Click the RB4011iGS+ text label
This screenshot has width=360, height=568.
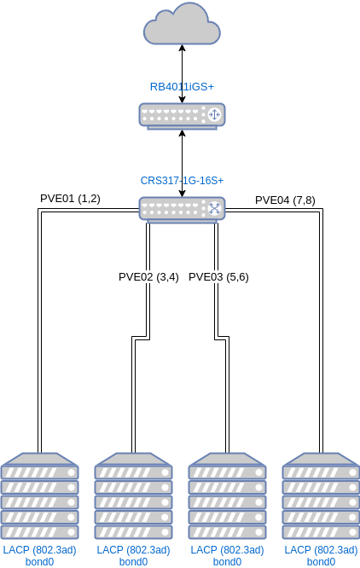click(182, 87)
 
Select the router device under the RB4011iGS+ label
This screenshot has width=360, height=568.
click(182, 115)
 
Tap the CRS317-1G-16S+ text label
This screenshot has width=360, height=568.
click(182, 181)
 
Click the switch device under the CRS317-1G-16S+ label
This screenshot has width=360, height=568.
click(182, 209)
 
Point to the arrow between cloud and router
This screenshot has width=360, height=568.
click(182, 73)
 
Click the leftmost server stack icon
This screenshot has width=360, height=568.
click(40, 496)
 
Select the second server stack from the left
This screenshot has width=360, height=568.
click(134, 496)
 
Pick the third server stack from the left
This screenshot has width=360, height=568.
click(228, 496)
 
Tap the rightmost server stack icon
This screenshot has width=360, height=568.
click(322, 496)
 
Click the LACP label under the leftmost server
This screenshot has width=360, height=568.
click(40, 550)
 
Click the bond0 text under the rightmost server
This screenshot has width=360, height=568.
click(322, 562)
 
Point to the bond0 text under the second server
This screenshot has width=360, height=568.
click(134, 562)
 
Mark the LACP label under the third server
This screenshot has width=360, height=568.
click(228, 550)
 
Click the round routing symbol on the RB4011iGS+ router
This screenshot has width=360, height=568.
click(214, 114)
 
